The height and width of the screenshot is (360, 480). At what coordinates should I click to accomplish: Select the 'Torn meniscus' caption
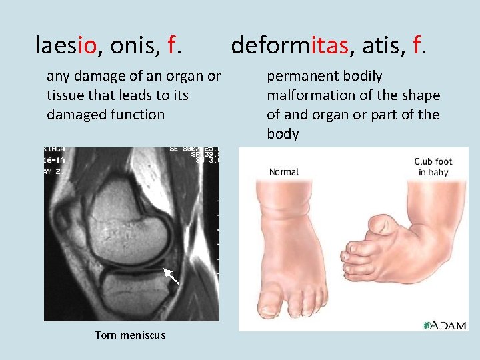pos(130,335)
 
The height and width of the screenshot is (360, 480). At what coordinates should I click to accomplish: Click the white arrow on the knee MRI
pos(171,278)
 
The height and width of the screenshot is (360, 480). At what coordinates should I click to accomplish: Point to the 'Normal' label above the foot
pos(283,172)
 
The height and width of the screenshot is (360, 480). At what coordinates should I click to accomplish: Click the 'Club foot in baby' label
pos(433,167)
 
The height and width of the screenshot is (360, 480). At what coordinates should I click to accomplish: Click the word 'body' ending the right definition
pos(283,134)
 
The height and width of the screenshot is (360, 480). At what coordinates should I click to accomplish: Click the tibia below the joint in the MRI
pos(133,293)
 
